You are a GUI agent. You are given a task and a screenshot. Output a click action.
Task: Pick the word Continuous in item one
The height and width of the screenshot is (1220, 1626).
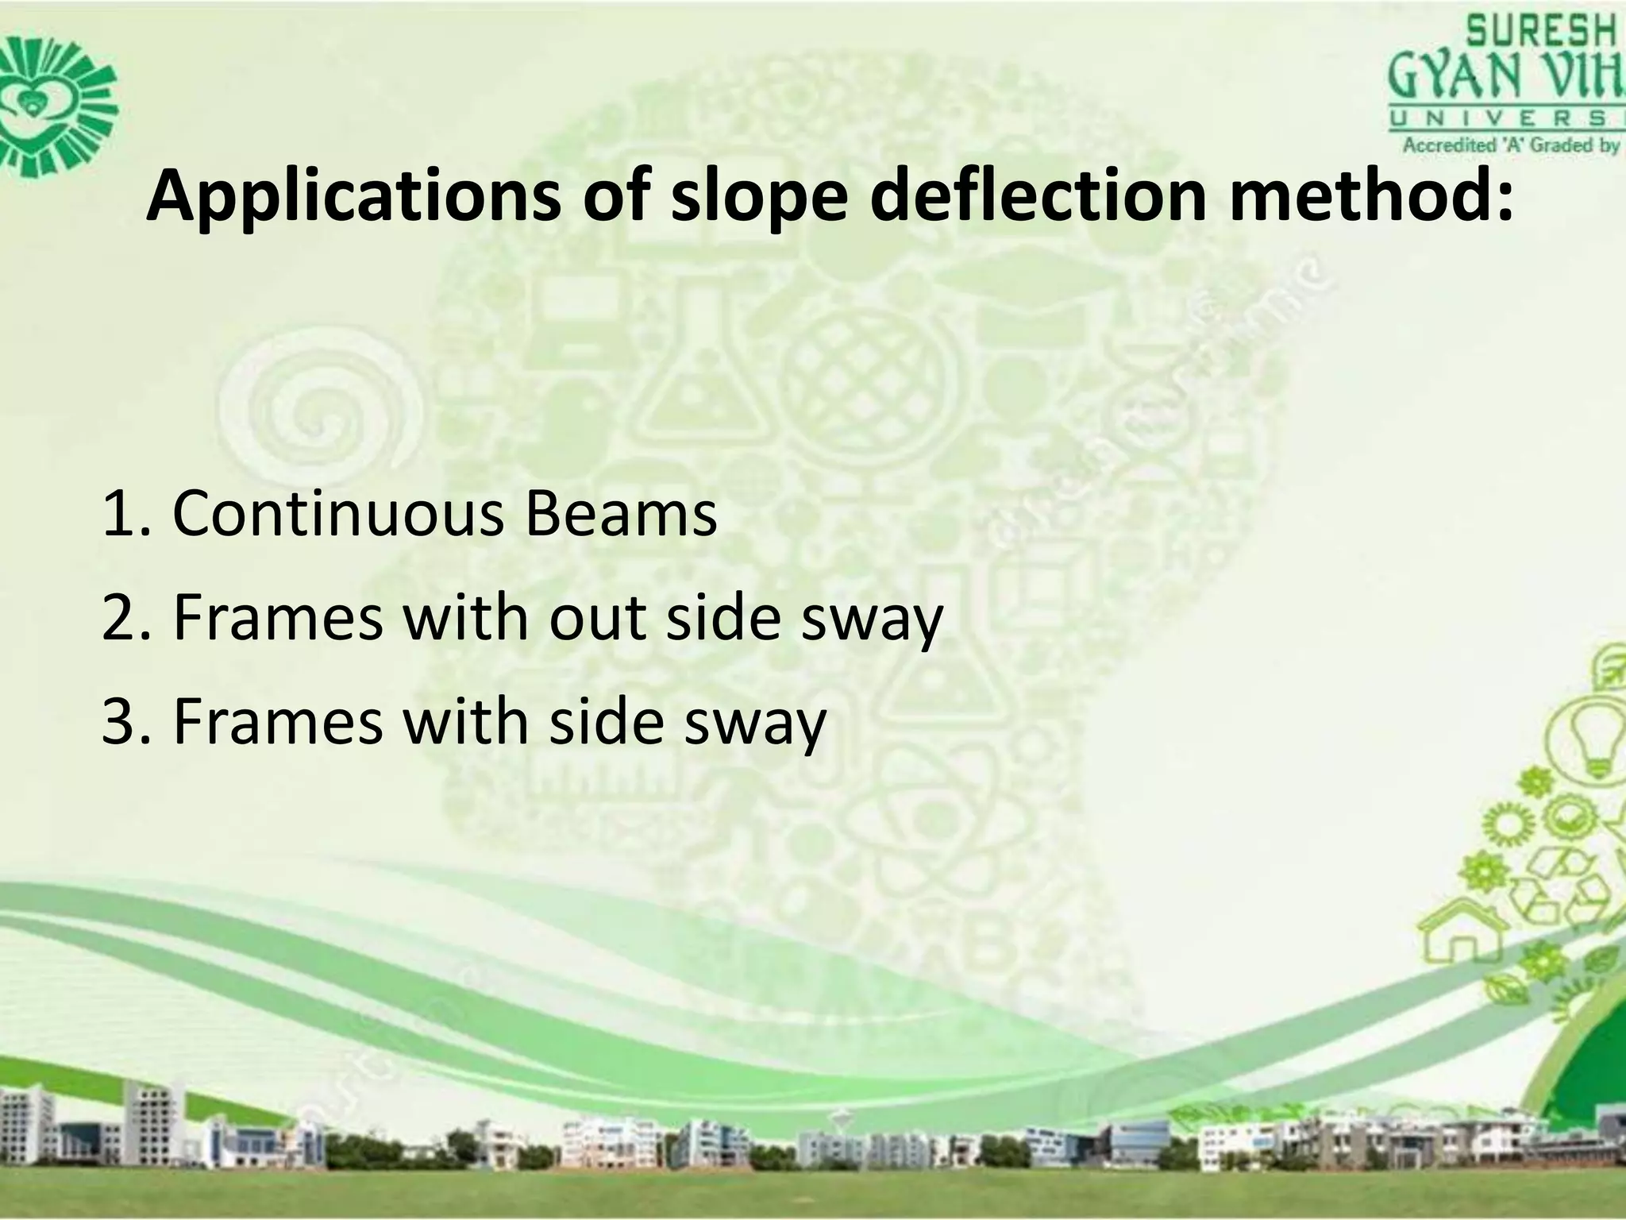[338, 514]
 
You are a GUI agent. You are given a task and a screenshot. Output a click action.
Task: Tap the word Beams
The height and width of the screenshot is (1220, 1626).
[619, 514]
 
